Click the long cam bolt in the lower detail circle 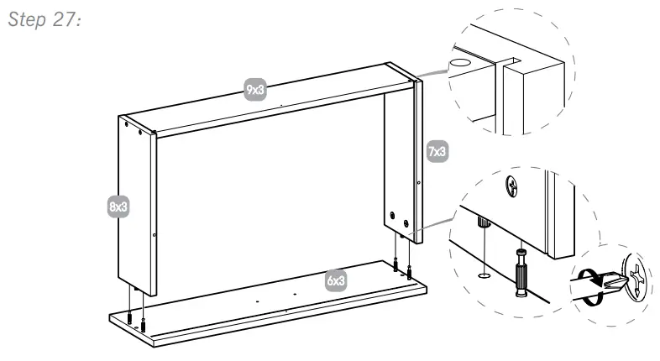pyautogui.click(x=520, y=270)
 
